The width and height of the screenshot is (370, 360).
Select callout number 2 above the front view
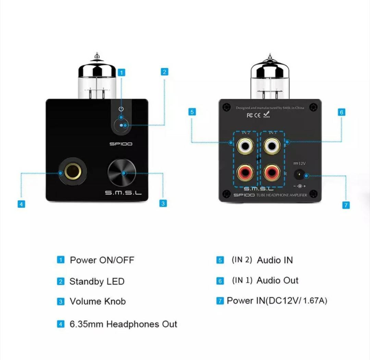164,72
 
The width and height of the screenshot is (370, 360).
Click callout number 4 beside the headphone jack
21,204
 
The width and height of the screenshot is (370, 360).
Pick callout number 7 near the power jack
346,205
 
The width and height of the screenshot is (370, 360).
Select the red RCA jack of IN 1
272,173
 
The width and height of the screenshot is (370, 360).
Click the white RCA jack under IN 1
272,146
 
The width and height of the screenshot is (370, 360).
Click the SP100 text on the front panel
121,144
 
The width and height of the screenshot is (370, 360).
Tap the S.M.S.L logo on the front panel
123,193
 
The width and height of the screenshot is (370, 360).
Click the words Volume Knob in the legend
98,301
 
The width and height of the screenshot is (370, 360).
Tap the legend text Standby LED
97,282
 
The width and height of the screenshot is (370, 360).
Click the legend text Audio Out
277,281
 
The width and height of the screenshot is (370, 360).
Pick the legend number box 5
220,260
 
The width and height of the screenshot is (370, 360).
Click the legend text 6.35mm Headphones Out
123,324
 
